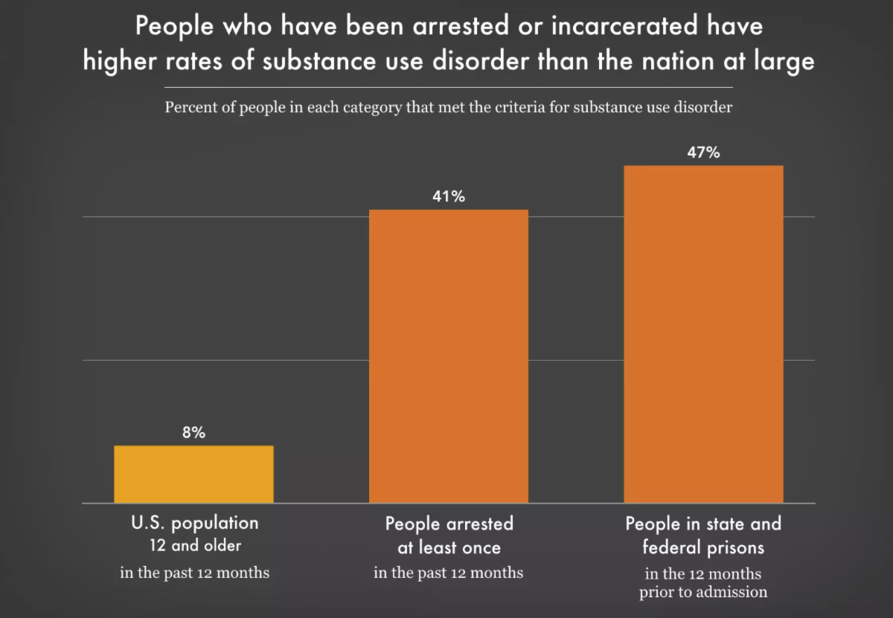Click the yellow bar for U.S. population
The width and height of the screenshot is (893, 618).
[x=193, y=474]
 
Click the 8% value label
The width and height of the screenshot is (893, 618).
[x=193, y=433]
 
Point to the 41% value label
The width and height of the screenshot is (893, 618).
[x=449, y=197]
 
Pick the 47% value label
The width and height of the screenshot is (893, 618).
[x=703, y=153]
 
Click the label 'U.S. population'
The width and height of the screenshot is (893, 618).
[x=193, y=523]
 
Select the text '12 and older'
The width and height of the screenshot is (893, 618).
[x=193, y=546]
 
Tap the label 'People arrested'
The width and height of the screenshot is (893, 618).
[x=449, y=524]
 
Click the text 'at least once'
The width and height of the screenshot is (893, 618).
[x=449, y=548]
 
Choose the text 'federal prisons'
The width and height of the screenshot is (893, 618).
[x=703, y=548]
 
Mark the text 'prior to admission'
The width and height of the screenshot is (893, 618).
[x=703, y=593]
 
